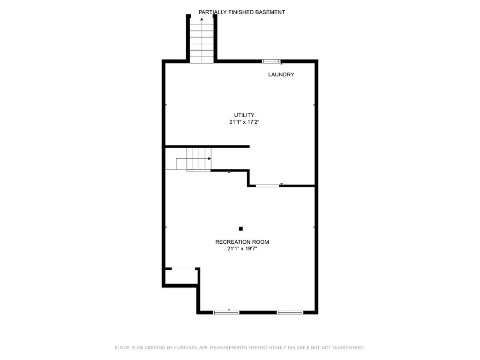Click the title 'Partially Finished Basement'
click(x=241, y=12)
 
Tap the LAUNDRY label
click(x=281, y=75)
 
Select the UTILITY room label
click(x=244, y=115)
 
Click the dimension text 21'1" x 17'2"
click(x=244, y=122)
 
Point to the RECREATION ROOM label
click(x=242, y=242)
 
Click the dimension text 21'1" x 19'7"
click(x=242, y=249)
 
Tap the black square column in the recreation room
click(x=241, y=229)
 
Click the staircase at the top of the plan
click(x=202, y=40)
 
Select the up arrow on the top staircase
click(x=202, y=20)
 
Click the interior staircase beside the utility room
click(x=199, y=159)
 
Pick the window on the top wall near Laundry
click(x=271, y=61)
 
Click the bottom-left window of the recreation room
click(x=226, y=312)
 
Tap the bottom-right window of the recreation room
click(x=290, y=312)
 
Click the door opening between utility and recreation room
click(x=267, y=186)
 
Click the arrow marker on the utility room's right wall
click(x=314, y=105)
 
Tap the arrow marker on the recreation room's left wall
click(x=166, y=227)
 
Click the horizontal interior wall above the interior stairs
click(x=207, y=147)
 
